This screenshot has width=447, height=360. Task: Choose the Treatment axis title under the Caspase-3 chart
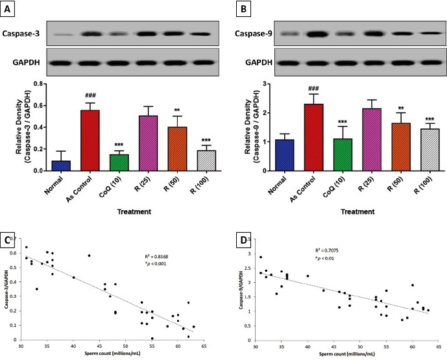click(x=118, y=211)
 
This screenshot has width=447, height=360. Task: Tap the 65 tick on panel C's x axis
click(x=204, y=346)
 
